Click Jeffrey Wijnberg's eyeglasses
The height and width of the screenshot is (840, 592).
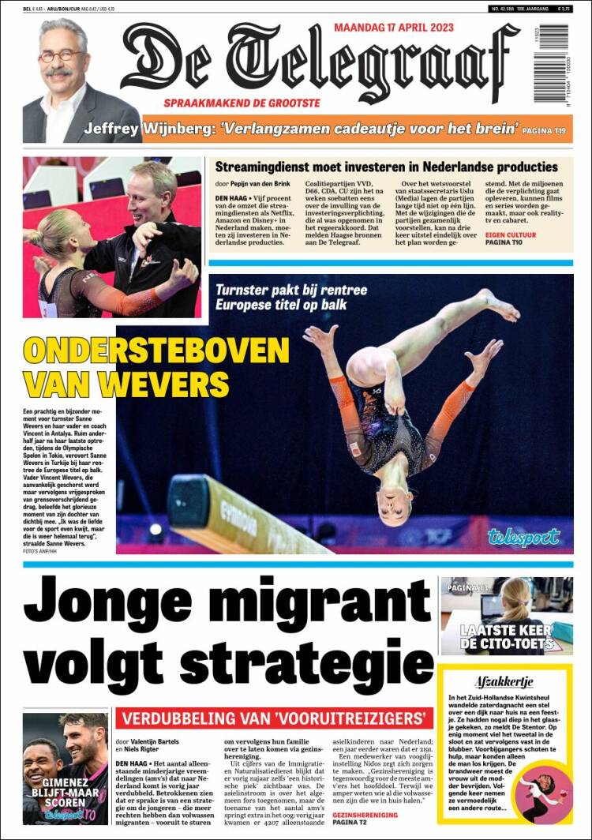62,56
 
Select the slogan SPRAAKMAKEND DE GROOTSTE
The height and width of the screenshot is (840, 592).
242,103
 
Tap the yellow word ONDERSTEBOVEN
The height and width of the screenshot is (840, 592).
156,351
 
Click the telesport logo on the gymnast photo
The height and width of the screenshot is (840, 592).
523,538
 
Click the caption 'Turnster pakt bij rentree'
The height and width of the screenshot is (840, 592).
290,290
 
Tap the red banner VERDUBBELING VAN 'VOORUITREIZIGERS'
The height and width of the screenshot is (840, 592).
273,718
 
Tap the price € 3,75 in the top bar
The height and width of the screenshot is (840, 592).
564,8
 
